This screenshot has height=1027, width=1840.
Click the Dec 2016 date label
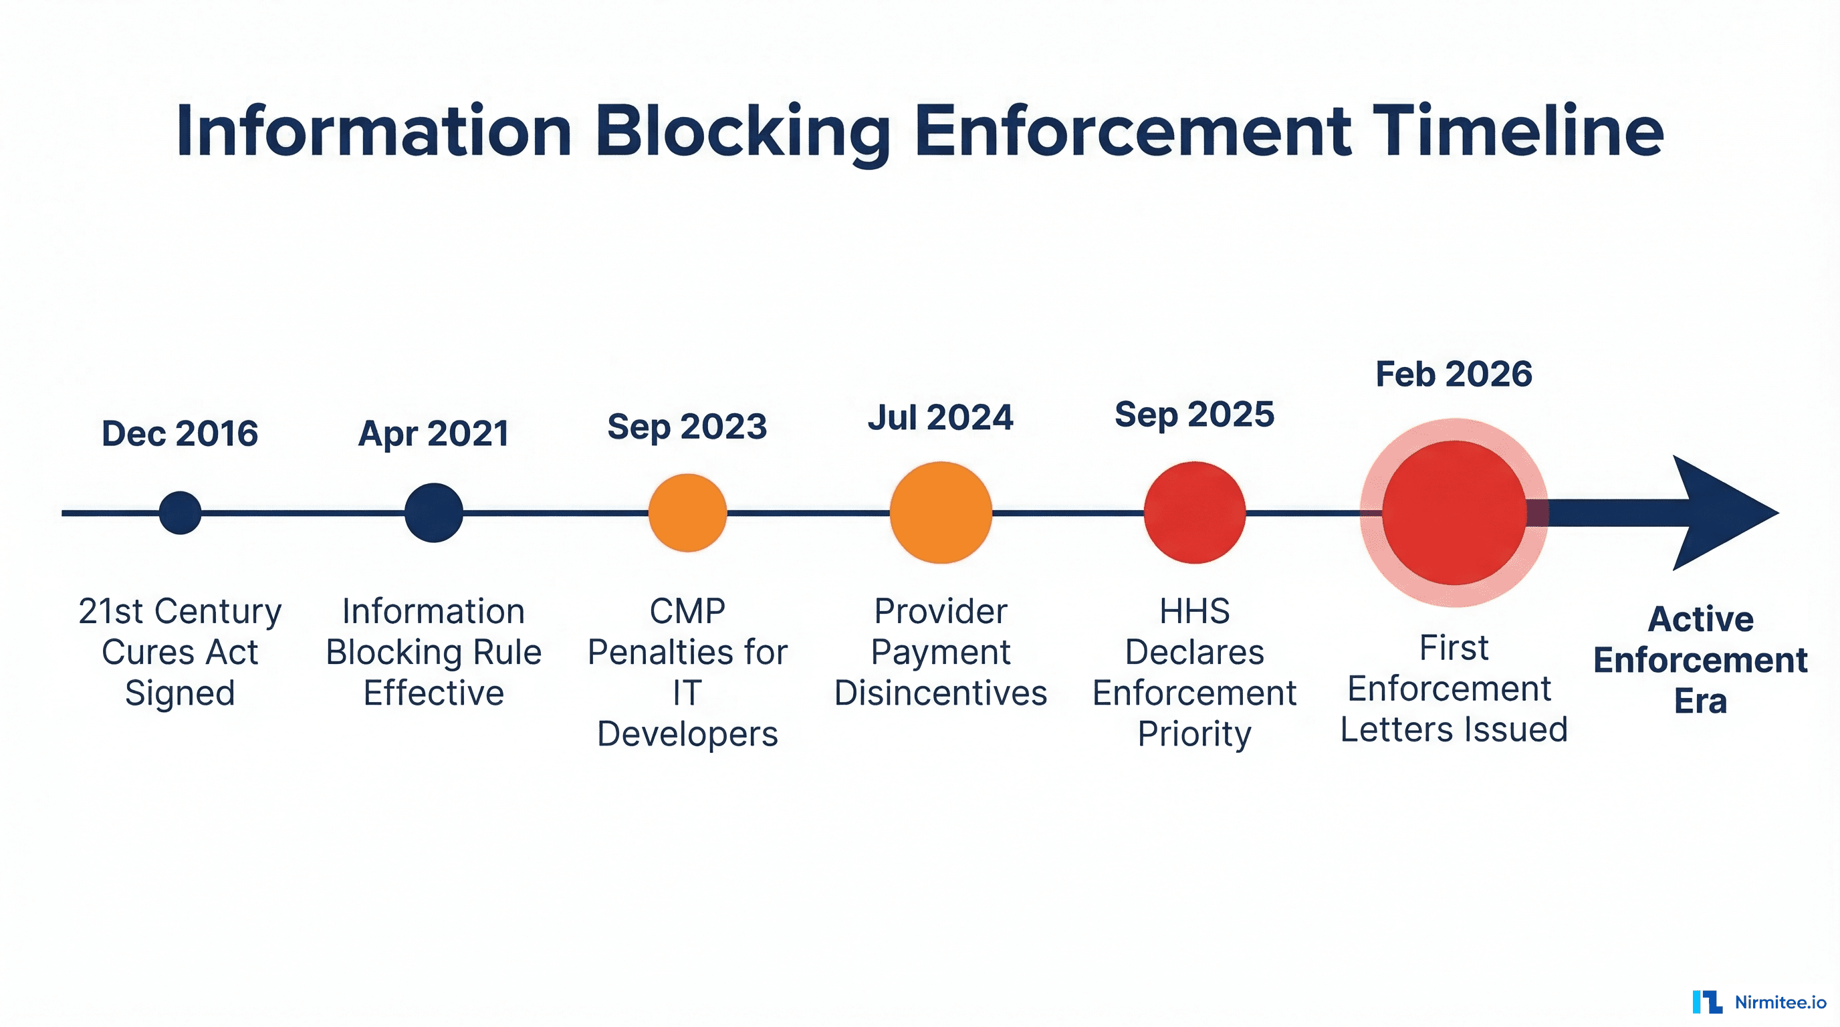180,433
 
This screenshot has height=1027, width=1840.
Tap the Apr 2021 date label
433,433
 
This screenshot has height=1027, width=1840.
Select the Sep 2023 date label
687,427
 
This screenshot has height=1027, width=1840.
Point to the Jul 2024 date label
941,417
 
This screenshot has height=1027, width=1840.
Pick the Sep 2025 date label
1194,415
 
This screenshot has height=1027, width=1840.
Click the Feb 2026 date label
1454,374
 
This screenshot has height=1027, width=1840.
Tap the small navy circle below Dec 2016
180,513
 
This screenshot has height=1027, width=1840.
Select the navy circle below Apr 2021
433,513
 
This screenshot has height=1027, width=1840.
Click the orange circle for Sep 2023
687,513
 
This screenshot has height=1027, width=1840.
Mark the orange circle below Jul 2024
941,513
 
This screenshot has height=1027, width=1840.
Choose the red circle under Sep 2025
1194,513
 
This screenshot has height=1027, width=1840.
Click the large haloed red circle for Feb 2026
1454,513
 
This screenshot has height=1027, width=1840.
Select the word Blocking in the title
743,132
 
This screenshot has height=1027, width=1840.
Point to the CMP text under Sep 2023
687,611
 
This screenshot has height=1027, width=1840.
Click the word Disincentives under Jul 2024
941,693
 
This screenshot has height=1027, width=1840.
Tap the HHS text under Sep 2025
1194,611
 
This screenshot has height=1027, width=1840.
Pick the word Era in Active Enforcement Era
1700,701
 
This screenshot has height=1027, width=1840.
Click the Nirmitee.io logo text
1780,1002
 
